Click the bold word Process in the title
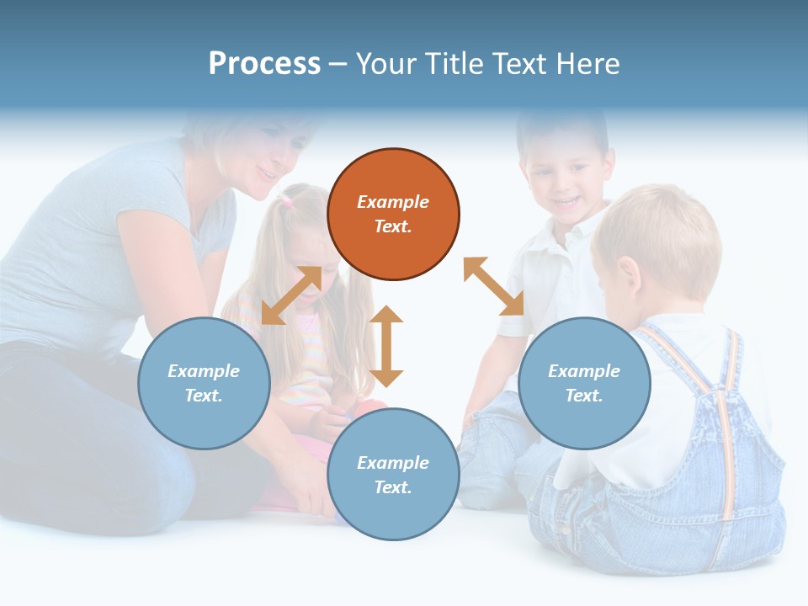[x=264, y=64]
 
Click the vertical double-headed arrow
[x=386, y=346]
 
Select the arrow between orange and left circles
[x=291, y=295]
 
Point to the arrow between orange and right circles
[x=493, y=286]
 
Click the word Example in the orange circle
[x=393, y=202]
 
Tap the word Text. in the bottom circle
[x=393, y=487]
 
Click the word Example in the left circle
[x=204, y=371]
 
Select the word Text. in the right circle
[x=584, y=396]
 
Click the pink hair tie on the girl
[x=288, y=201]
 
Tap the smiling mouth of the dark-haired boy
[x=568, y=201]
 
